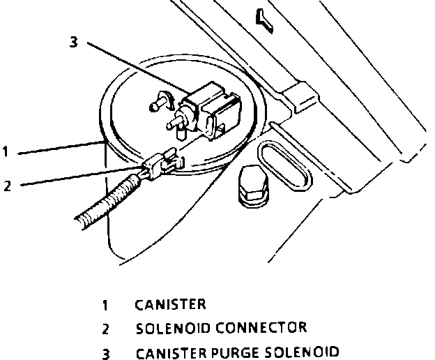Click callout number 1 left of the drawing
pyautogui.click(x=6, y=151)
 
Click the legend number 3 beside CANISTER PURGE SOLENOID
pyautogui.click(x=107, y=352)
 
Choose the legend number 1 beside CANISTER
pyautogui.click(x=106, y=304)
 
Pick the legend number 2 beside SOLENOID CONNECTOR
pyautogui.click(x=106, y=328)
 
